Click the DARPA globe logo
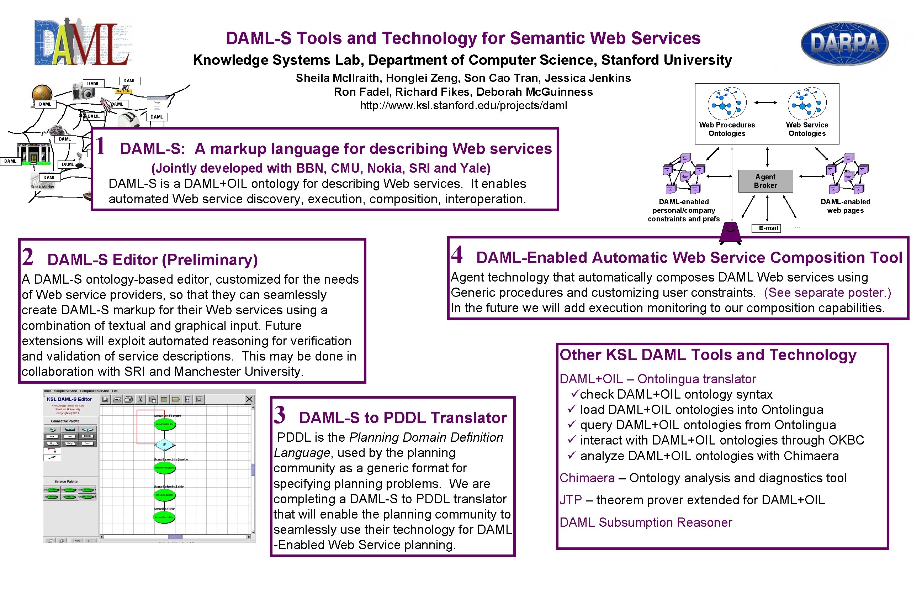point(844,43)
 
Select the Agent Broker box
point(765,181)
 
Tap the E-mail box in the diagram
point(766,228)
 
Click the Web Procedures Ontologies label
point(727,129)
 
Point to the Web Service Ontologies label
point(807,129)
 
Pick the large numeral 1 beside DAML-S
point(100,146)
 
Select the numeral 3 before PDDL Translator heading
point(280,415)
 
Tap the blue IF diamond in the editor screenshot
point(164,445)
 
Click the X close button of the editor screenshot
point(249,399)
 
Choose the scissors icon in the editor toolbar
point(140,399)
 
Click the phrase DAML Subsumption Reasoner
point(646,522)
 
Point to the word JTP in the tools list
point(570,500)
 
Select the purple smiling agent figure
point(730,233)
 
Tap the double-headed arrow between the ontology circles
point(765,103)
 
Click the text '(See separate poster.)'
point(827,293)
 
